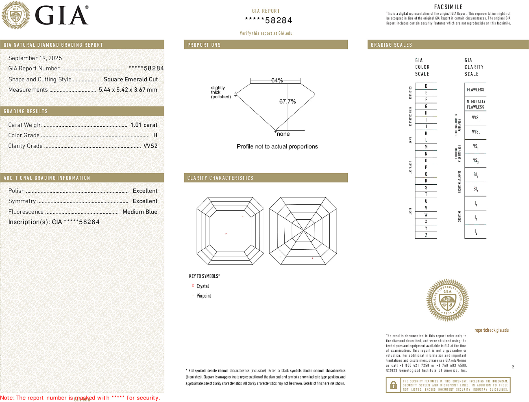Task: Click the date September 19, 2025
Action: (x=35, y=58)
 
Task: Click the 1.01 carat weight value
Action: (x=144, y=125)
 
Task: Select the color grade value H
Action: (x=155, y=135)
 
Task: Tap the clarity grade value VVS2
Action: (x=151, y=146)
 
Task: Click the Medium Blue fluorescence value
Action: (x=140, y=212)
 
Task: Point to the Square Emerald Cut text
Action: (x=130, y=79)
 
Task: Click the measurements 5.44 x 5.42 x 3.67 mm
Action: (x=128, y=90)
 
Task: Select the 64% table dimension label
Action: (x=277, y=80)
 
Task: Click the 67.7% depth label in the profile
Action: (x=287, y=101)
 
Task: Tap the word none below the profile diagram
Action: (x=283, y=134)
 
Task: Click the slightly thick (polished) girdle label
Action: (x=221, y=92)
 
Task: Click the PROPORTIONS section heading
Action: (x=204, y=45)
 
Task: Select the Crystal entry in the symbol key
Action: (x=203, y=286)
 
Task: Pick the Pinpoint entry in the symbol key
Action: (x=204, y=296)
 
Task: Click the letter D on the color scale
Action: (x=426, y=86)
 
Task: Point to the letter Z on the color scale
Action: (x=426, y=235)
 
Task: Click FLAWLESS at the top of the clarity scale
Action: (x=475, y=90)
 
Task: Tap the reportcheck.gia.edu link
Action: (x=491, y=330)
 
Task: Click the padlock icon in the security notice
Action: (x=393, y=385)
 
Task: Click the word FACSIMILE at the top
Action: (x=448, y=7)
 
